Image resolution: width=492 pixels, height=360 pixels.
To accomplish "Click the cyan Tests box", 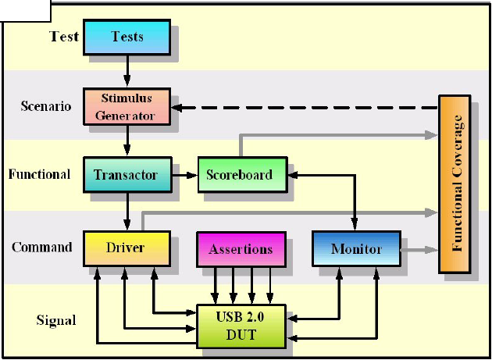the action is [x=127, y=37].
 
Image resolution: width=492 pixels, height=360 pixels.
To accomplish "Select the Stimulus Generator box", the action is [x=127, y=107].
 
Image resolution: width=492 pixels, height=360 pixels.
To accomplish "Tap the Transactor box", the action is [x=128, y=174].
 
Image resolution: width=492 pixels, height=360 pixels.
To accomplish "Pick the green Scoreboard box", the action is [x=243, y=174].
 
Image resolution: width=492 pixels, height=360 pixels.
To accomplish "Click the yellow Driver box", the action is [x=127, y=248].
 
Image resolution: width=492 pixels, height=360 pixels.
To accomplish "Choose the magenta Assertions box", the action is [x=241, y=249].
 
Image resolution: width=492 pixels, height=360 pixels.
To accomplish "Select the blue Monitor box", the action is [x=356, y=248].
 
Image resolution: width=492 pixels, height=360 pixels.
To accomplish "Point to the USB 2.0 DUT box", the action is [x=241, y=326].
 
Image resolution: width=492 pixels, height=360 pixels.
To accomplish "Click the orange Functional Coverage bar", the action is [x=455, y=184].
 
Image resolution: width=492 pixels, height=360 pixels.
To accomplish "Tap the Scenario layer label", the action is [x=46, y=106].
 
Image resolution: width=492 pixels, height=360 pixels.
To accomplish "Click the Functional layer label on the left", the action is [x=39, y=174].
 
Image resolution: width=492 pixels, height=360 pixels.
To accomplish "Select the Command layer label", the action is [x=42, y=248].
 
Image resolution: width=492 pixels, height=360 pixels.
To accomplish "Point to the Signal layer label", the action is [x=56, y=320].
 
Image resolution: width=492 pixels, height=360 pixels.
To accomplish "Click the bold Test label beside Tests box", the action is [x=64, y=37].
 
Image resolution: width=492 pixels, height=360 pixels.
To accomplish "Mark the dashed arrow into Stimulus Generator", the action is [x=305, y=108].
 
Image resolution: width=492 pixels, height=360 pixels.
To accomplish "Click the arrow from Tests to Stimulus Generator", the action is [x=127, y=71].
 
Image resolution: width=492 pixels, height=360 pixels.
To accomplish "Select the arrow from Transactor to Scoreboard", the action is [x=185, y=175].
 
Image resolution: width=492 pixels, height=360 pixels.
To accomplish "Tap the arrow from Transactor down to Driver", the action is [x=127, y=212].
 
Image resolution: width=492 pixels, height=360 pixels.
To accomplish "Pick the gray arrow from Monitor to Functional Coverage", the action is [x=419, y=250].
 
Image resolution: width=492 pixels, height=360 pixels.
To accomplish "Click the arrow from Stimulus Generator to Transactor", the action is [x=127, y=141].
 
